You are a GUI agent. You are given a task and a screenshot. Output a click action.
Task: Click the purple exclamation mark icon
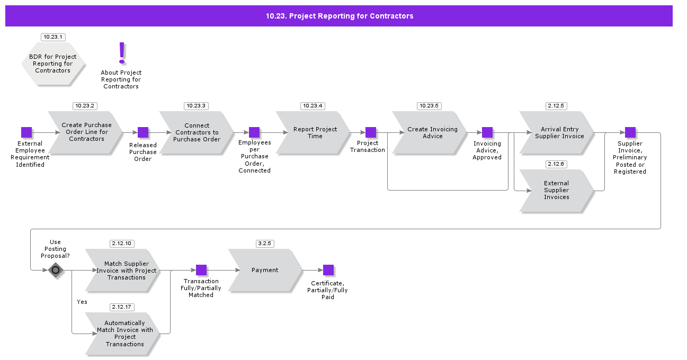122,53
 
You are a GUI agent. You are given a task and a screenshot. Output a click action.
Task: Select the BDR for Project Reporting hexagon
53,64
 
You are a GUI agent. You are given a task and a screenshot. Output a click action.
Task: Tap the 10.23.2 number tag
85,106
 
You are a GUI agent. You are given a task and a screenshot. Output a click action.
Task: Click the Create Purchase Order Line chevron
85,132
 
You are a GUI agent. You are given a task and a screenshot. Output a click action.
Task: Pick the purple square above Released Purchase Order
143,132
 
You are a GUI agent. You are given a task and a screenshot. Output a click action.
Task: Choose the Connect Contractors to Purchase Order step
196,132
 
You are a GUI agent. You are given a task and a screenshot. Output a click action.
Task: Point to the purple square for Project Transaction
371,132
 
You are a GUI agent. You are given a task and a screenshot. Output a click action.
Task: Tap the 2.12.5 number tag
556,106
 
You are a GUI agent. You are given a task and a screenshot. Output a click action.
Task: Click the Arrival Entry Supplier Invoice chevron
557,132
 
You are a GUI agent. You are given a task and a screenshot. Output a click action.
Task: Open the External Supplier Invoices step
556,191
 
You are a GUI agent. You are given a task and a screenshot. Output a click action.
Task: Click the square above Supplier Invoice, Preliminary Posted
630,132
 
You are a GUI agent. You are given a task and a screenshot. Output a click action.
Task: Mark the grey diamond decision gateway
56,270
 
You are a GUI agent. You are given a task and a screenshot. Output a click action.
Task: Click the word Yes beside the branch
82,302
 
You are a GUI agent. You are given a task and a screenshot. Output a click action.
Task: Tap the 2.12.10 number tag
122,244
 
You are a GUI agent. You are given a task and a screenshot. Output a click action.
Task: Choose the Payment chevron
265,270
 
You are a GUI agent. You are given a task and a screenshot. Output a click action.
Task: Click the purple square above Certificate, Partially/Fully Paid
328,270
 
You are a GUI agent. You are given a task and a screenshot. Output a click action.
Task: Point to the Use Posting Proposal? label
55,249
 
